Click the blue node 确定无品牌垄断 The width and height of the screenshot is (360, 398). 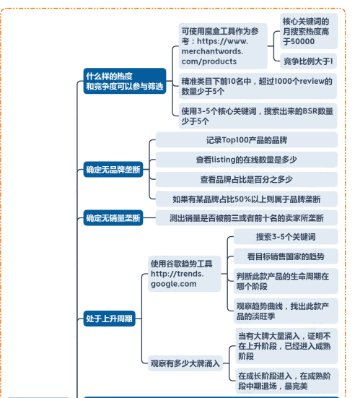pos(113,169)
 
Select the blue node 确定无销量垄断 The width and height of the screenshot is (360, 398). pos(113,218)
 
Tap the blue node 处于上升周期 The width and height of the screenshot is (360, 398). pos(109,319)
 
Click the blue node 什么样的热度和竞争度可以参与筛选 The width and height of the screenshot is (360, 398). pos(125,81)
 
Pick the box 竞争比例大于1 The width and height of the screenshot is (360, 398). pos(308,61)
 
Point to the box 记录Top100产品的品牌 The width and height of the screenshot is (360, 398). pos(247,140)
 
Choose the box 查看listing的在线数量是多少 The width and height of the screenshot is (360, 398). pos(247,160)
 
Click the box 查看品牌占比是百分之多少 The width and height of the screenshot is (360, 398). pos(247,179)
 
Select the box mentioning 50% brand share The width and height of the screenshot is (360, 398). pos(247,199)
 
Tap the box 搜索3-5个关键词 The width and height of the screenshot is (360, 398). pos(286,237)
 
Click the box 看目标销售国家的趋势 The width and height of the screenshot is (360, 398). pos(286,256)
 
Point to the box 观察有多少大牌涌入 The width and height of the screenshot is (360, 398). pos(185,363)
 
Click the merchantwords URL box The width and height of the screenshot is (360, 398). pos(223,46)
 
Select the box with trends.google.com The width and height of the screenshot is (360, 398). pos(184,274)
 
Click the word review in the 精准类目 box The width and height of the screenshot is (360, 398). pos(312,81)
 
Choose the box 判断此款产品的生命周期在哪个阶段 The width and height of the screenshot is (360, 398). pos(286,281)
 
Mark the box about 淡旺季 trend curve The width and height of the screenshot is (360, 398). pos(286,311)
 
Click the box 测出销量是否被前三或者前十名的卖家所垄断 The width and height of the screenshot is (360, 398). pos(247,218)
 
